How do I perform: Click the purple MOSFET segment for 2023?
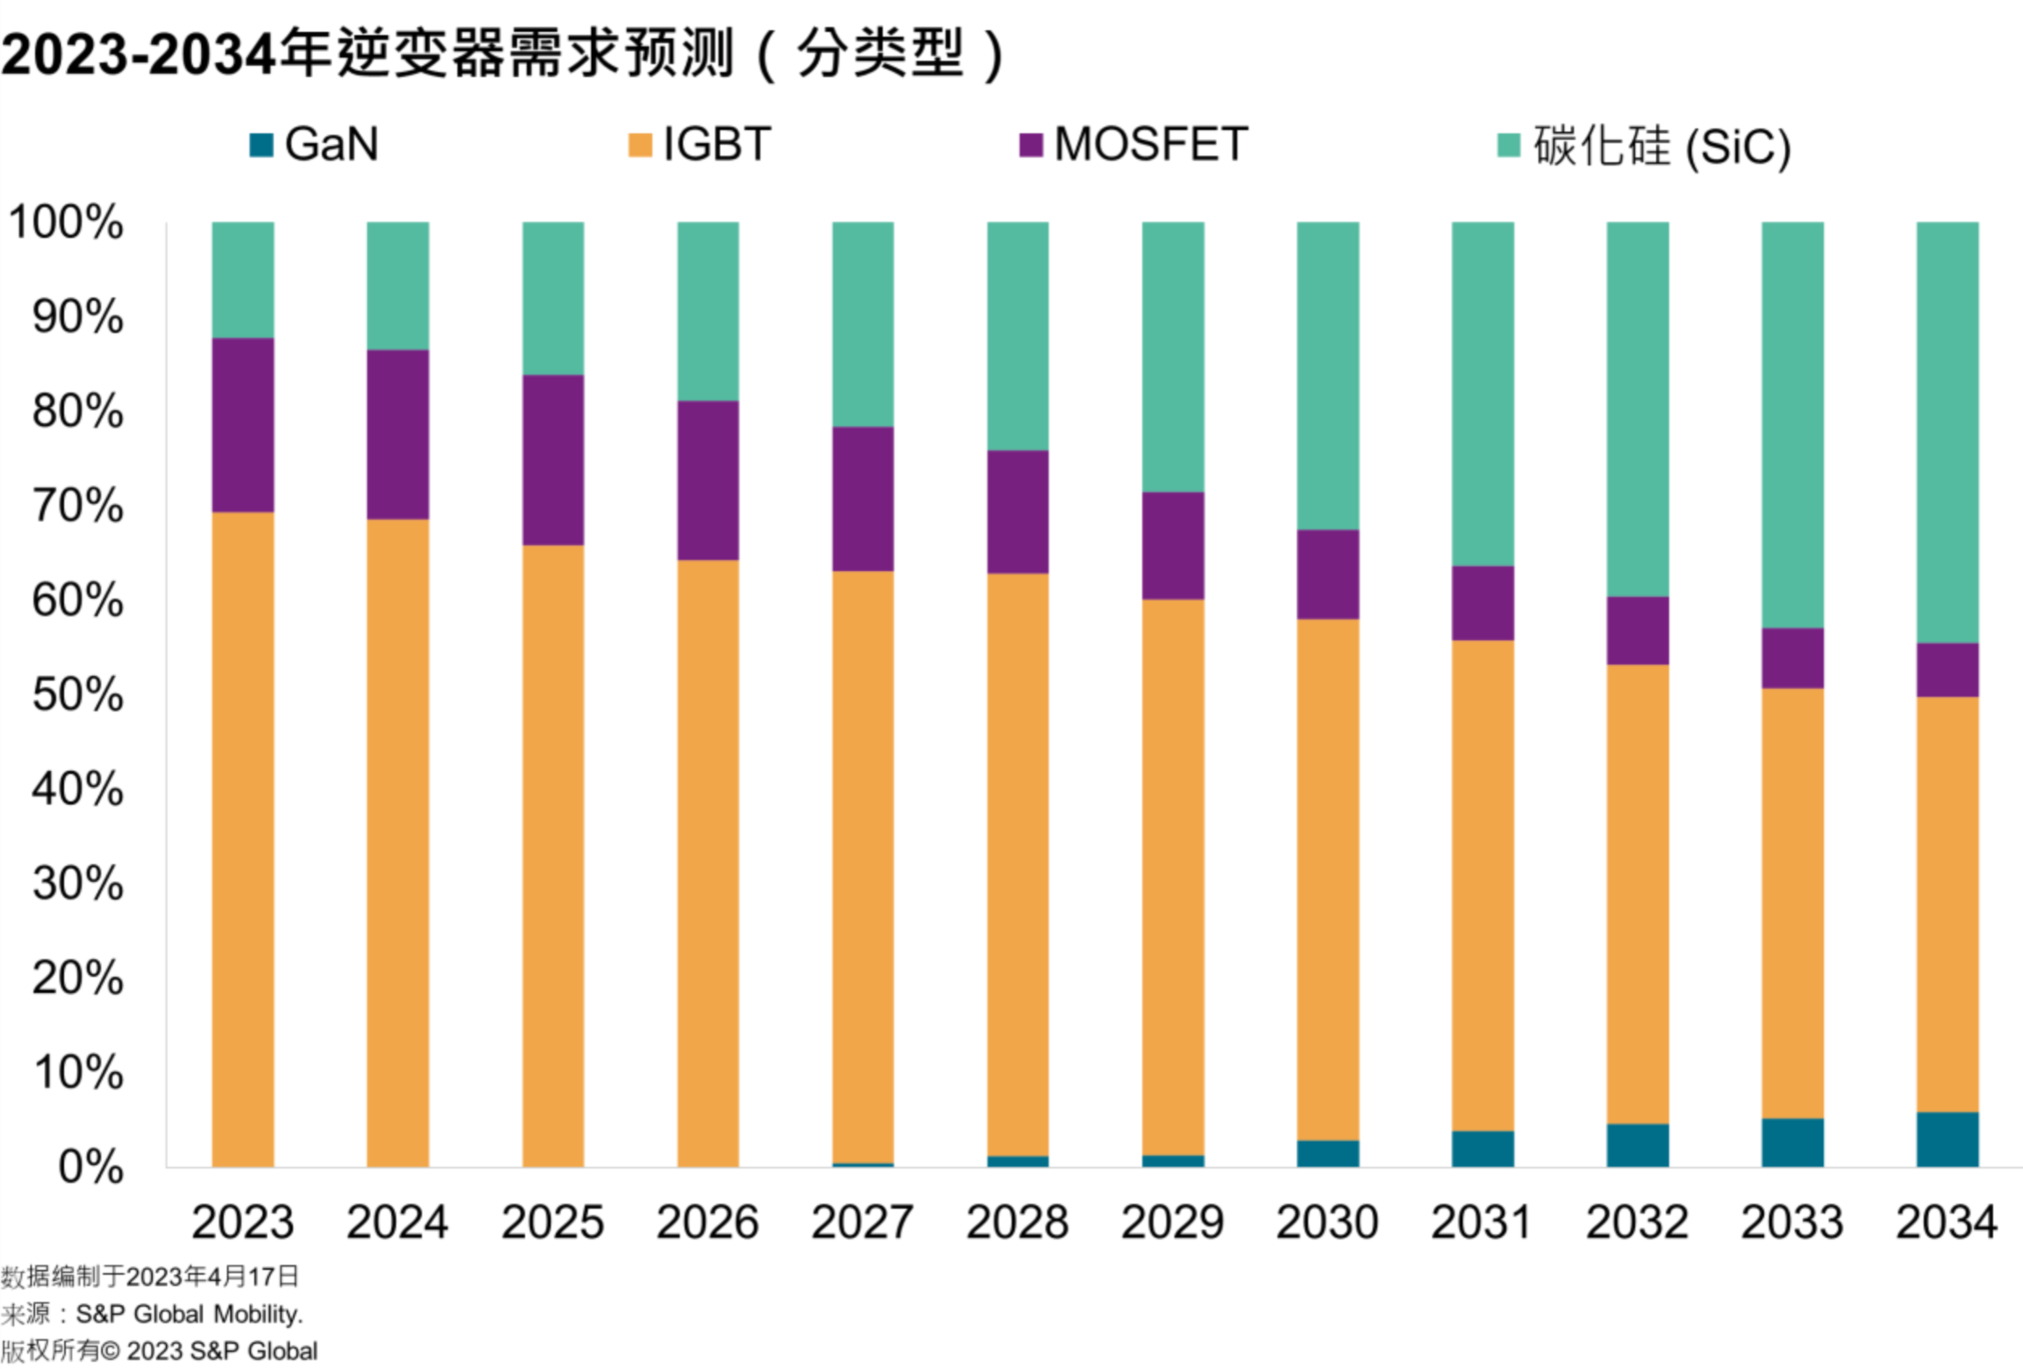click(x=243, y=425)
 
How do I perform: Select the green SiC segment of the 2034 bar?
click(x=1947, y=432)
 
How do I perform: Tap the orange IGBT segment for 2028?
click(x=1017, y=865)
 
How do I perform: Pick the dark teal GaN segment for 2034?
click(x=1947, y=1140)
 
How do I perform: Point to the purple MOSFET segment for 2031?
click(x=1482, y=603)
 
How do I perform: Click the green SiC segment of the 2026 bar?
click(x=708, y=311)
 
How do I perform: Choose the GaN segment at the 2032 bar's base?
click(x=1637, y=1146)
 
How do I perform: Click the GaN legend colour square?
click(x=261, y=145)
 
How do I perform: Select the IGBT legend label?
click(x=717, y=145)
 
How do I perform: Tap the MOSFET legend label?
click(x=1150, y=145)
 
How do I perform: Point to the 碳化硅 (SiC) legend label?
click(x=1662, y=147)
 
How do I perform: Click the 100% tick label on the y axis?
click(x=66, y=222)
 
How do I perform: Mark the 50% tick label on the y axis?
click(x=77, y=695)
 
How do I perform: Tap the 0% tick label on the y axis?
click(x=90, y=1167)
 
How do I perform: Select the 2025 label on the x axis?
click(x=553, y=1222)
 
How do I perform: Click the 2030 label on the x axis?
click(x=1327, y=1222)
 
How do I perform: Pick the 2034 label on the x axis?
click(x=1947, y=1222)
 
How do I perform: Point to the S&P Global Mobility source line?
click(x=152, y=1314)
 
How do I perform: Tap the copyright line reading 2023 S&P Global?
click(x=159, y=1351)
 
